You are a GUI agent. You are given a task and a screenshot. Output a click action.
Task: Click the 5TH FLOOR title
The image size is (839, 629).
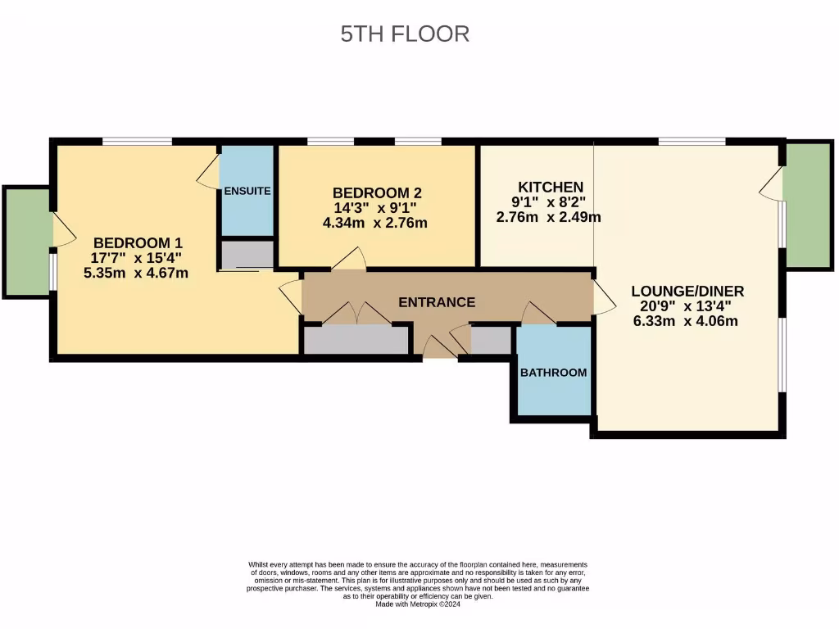[405, 34]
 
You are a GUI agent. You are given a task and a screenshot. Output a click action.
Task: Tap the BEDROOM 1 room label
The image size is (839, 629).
[138, 243]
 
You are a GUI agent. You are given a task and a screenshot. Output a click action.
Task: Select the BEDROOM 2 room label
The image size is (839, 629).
[377, 193]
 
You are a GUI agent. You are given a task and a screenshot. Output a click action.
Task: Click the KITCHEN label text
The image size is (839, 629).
[551, 188]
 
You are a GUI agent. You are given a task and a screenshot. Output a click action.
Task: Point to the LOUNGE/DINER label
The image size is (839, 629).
[687, 291]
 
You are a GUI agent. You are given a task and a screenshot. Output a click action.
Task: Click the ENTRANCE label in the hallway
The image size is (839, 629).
[436, 302]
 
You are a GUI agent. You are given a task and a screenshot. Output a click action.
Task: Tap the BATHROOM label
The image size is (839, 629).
[554, 373]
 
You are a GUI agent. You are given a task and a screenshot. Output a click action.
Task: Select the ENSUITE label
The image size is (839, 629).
[247, 191]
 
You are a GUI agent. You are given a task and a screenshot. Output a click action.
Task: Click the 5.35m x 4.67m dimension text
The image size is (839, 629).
[136, 274]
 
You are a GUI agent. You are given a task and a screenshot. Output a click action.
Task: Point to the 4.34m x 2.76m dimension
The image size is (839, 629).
[375, 223]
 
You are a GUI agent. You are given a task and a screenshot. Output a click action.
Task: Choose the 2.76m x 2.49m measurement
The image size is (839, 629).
[549, 217]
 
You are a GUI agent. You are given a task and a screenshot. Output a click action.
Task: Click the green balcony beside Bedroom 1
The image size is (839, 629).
[27, 242]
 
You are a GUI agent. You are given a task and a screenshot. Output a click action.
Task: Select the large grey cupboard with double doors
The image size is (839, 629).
[356, 339]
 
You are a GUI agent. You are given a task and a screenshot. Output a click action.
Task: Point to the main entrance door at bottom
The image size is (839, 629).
[440, 349]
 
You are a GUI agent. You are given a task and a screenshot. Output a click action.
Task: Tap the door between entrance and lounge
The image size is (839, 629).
[605, 298]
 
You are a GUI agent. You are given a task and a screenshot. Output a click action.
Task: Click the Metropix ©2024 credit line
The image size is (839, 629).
[418, 604]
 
